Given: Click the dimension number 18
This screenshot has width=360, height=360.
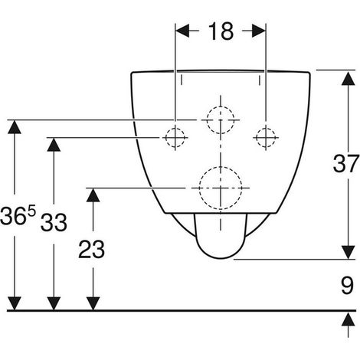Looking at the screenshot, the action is tap(221, 31).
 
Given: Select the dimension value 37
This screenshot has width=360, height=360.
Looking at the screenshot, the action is tap(346, 164).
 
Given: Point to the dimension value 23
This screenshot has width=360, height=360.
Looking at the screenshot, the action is tap(91, 249).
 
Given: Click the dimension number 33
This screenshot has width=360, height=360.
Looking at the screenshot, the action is tap(54, 222).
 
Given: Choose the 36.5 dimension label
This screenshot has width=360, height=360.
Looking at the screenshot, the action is tap(18, 216).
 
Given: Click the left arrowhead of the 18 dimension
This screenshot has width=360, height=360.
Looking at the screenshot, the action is tap(182, 31).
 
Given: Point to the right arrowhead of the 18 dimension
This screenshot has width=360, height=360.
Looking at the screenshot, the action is tap(259, 31).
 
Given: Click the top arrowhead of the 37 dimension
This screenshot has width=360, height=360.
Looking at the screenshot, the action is tap(349, 78).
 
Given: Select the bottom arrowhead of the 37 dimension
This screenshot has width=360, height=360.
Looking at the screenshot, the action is tap(349, 252).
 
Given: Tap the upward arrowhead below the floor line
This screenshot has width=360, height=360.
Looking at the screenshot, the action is tap(349, 319).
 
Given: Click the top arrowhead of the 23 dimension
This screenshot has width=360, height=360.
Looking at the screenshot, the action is tap(93, 195).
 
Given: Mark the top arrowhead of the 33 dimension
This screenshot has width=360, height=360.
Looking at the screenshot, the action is tap(54, 145).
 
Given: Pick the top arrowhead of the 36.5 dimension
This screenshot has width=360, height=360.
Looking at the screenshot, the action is tap(15, 126).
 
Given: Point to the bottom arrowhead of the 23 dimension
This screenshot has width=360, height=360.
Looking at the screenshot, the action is tap(93, 303).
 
